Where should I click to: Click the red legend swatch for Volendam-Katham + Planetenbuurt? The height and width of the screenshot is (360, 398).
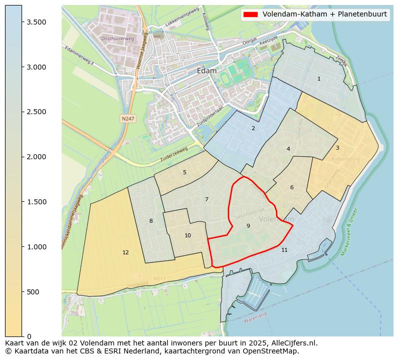coord(250,14)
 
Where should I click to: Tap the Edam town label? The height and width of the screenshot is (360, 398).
coord(207,71)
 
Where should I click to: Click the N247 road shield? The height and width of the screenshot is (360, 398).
coord(127,119)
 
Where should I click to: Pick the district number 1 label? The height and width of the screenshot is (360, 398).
coord(319,79)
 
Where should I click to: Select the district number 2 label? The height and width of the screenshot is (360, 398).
coord(253,129)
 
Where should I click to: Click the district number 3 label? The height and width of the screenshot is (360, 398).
coord(337,148)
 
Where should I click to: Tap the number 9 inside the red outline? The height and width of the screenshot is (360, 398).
coord(248,226)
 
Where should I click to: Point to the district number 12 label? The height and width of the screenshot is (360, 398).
coord(125,253)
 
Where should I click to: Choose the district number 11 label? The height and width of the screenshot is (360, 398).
coord(284,250)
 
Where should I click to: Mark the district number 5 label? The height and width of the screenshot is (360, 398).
coord(184,173)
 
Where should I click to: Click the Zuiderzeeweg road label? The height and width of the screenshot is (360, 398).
coord(173,154)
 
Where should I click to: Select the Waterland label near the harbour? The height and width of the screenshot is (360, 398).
coord(255,317)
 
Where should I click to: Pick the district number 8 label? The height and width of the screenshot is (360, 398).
coord(151,221)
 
